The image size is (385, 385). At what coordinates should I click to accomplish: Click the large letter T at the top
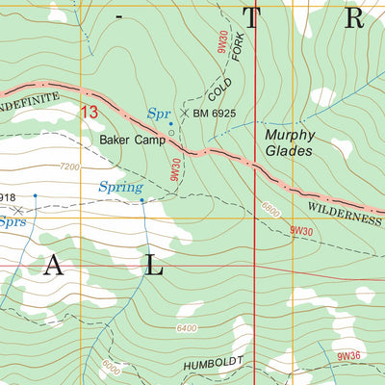(x=253, y=18)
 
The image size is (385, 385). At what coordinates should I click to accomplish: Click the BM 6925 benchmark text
(x=215, y=114)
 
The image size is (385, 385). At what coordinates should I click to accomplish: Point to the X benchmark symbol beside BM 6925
(x=185, y=114)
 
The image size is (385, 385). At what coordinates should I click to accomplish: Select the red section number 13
(x=90, y=113)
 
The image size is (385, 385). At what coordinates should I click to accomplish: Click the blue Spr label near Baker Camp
(x=159, y=114)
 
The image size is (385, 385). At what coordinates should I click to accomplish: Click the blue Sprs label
(x=12, y=220)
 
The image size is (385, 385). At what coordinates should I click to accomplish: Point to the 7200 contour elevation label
(x=69, y=167)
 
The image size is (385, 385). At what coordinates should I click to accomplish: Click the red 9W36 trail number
(x=349, y=357)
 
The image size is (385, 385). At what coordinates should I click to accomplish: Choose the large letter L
(x=154, y=269)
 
